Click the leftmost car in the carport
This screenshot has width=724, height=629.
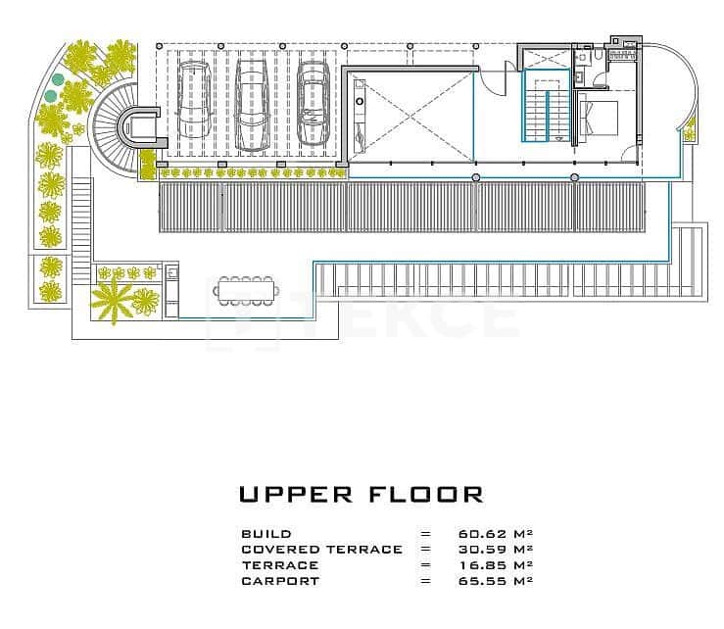click(194, 100)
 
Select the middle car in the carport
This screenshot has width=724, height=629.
click(253, 105)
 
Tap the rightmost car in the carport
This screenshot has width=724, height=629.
click(314, 104)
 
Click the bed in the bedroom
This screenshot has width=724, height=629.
click(598, 118)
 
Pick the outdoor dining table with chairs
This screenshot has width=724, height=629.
click(246, 291)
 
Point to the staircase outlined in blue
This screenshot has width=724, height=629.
click(547, 105)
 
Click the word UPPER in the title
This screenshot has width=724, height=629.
click(296, 495)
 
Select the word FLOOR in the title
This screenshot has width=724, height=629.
click(426, 495)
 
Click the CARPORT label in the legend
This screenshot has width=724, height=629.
click(280, 581)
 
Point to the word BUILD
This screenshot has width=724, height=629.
click(266, 534)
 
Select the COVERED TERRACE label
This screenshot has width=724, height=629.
click(321, 550)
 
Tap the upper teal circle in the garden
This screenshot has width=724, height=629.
click(57, 79)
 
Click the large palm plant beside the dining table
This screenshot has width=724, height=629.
click(113, 300)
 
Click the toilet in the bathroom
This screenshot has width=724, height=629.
click(599, 55)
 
